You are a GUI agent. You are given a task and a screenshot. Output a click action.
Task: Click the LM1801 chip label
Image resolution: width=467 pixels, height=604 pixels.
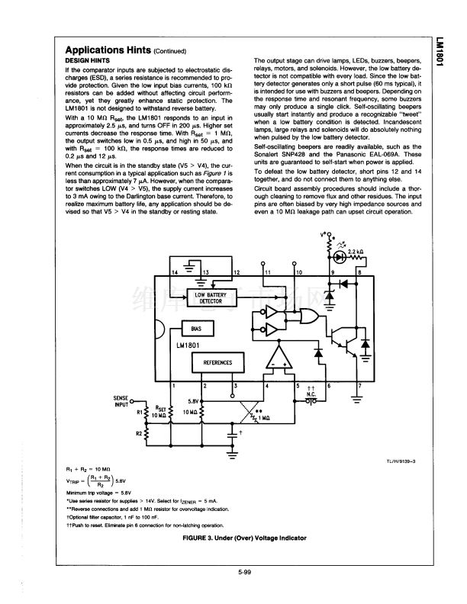(188, 347)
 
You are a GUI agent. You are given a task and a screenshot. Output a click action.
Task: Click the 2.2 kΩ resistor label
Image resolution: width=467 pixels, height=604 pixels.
(355, 252)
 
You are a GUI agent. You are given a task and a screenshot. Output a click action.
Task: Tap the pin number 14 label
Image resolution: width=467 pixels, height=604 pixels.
(175, 271)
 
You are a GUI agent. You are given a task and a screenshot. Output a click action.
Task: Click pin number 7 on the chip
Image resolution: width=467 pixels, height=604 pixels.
(359, 386)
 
